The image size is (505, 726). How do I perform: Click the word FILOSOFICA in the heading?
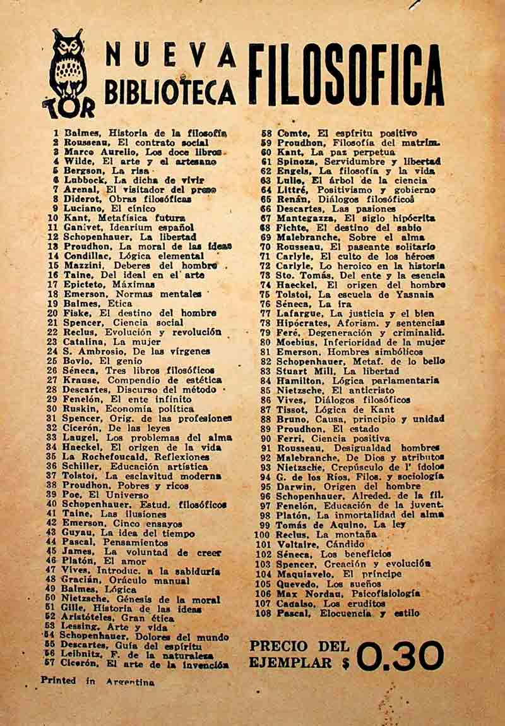click(346, 75)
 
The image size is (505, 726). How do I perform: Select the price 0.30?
click(400, 656)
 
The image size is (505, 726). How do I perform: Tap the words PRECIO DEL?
click(299, 646)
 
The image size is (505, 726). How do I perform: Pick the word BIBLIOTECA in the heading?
click(169, 92)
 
